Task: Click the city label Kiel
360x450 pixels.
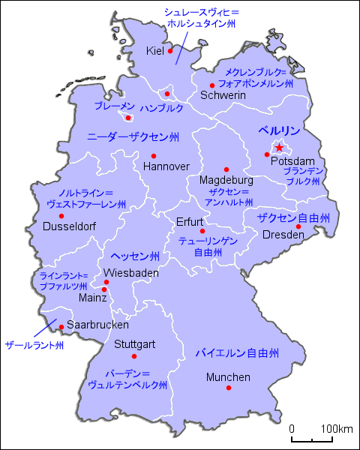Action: pos(155,51)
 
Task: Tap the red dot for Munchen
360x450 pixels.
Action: pos(229,388)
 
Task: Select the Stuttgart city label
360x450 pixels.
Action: pos(135,344)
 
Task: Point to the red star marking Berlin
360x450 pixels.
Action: pos(280,148)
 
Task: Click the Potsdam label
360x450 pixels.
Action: pos(289,161)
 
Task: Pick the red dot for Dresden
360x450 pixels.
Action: pos(298,226)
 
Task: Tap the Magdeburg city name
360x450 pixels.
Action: pos(226,181)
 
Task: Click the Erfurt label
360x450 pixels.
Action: pos(190,221)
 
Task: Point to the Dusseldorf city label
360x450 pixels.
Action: pos(69,225)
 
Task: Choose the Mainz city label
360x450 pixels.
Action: pos(93,297)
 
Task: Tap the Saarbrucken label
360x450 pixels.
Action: pos(98,325)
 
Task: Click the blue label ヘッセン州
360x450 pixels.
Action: pos(134,256)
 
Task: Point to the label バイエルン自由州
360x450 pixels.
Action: pos(237,352)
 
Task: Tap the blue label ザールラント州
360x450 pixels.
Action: pos(34,346)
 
